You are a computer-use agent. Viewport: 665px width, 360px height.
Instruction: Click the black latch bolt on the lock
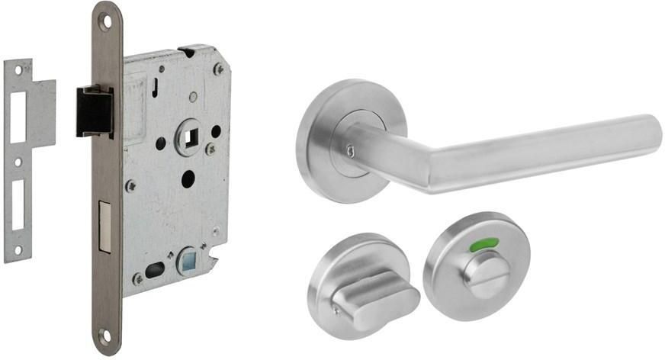click(x=94, y=111)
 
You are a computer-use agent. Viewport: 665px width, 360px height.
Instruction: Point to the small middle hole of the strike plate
click(x=18, y=161)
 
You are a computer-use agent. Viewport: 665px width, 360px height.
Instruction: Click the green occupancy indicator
click(x=484, y=245)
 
